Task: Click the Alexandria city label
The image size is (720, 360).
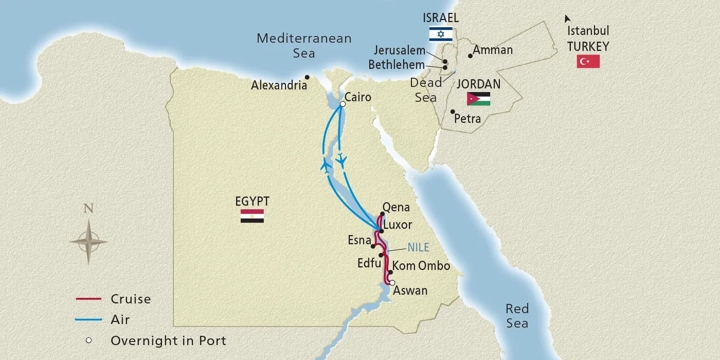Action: [278, 86]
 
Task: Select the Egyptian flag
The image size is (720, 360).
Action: [252, 216]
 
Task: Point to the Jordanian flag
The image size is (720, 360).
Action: [481, 99]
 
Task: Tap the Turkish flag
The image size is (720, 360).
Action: [587, 62]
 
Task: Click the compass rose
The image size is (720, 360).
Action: [89, 241]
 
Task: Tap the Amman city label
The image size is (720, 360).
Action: [493, 50]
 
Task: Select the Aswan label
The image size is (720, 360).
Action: [411, 291]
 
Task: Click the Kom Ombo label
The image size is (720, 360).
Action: [420, 266]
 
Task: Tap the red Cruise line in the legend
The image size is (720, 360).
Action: [90, 298]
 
